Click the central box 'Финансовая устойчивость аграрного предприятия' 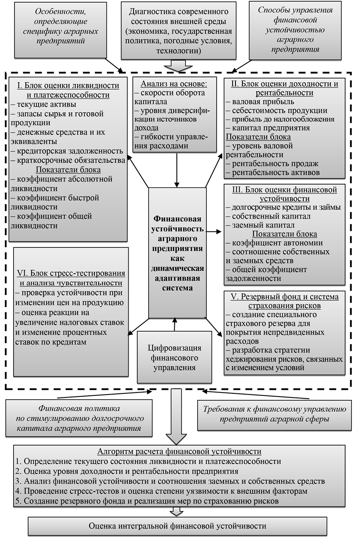[178, 253]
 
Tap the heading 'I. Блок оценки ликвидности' [68, 86]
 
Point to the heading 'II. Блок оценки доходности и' [285, 84]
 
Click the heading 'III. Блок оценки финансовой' [284, 190]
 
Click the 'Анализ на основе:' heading [174, 84]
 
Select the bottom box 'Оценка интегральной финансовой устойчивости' [178, 526]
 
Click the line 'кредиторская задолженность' [68, 151]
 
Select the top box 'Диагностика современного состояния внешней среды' [177, 31]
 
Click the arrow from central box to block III [214, 232]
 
